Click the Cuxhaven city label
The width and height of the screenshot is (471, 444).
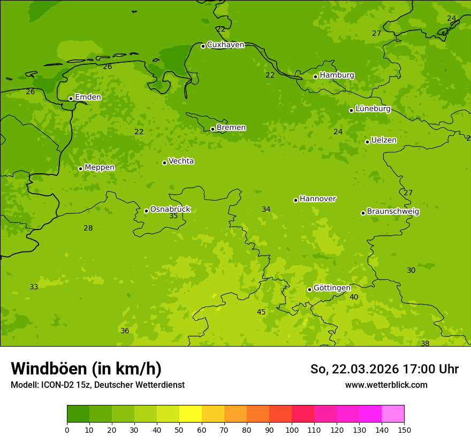tap(225, 45)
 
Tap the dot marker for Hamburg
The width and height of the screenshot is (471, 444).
tap(316, 76)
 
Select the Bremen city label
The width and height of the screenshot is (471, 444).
tap(231, 128)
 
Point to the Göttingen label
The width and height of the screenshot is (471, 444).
tap(332, 288)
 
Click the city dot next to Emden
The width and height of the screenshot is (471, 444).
tap(71, 98)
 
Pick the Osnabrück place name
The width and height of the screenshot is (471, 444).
tap(170, 210)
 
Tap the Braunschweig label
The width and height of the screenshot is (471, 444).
tap(393, 212)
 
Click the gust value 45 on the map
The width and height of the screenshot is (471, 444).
tap(261, 312)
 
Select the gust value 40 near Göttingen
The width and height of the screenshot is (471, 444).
tap(354, 297)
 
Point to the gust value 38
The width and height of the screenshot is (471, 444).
tap(425, 343)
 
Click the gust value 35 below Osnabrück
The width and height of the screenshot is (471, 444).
tap(173, 216)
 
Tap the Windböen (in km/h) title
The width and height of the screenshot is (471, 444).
tap(86, 369)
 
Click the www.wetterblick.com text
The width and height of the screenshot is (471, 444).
tap(386, 385)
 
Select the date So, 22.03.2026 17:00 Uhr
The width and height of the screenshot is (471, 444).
tap(384, 369)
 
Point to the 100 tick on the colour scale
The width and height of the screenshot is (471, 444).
tap(292, 430)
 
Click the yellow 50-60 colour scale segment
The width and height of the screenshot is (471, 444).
tap(191, 414)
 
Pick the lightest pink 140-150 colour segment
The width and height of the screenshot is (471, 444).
tap(393, 414)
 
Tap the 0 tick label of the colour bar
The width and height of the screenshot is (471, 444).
tap(67, 430)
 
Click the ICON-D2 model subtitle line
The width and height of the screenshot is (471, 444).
tap(97, 385)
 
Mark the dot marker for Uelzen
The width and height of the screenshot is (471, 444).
tap(367, 142)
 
